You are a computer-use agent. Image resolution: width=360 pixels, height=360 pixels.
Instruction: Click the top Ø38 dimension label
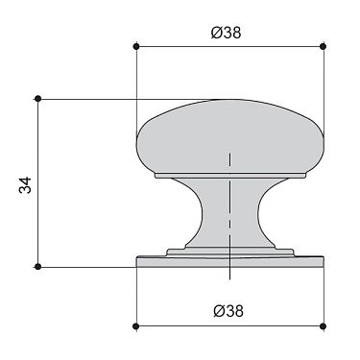tap(227, 31)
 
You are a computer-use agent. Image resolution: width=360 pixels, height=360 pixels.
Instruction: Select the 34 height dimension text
tap(26, 184)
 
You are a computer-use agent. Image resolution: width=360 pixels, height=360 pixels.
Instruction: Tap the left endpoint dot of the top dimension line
tap(136, 46)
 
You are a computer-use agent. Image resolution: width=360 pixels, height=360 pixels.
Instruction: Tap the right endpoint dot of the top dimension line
tap(323, 46)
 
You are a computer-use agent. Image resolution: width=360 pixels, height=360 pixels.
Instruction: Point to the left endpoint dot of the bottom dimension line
tap(136, 327)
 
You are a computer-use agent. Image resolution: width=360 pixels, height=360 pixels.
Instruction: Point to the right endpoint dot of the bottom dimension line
tap(323, 327)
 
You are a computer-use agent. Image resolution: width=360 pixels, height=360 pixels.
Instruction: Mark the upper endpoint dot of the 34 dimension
tap(37, 98)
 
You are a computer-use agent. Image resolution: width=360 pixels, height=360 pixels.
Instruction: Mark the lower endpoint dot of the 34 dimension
tap(37, 266)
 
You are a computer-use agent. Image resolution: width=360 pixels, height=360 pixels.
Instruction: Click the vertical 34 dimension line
tap(37, 182)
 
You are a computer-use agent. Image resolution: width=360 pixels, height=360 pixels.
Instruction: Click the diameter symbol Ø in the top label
tap(216, 31)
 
